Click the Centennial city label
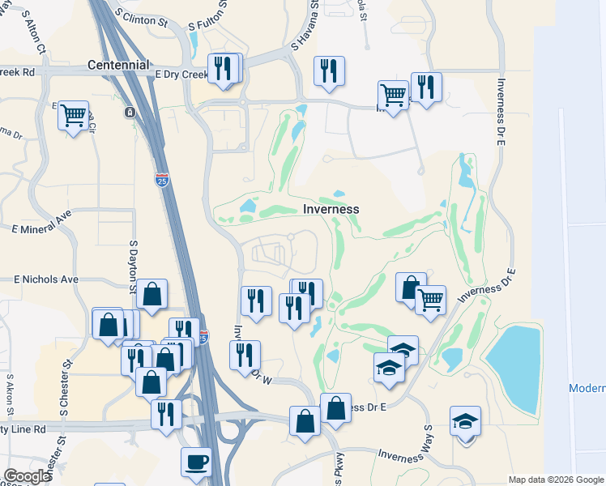(118, 64)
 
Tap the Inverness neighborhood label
(331, 209)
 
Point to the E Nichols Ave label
(46, 279)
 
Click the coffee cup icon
(196, 463)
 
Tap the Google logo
(27, 476)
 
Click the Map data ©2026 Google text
(555, 480)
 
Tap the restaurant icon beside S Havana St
(329, 71)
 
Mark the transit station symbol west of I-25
(130, 113)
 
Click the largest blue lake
(514, 369)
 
